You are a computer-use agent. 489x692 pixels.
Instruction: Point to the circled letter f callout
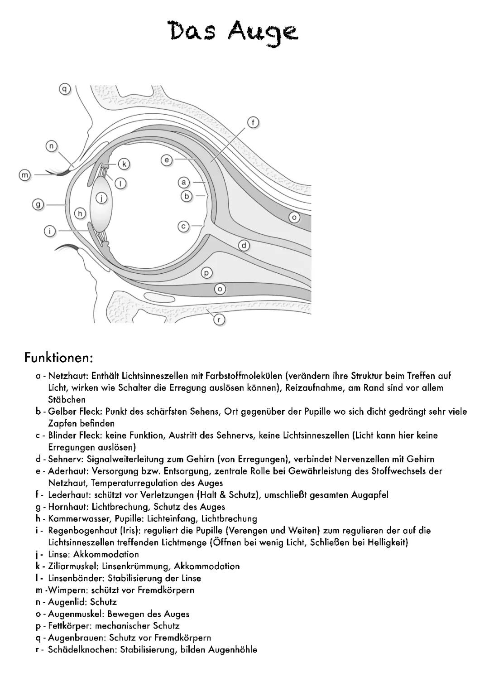click(254, 122)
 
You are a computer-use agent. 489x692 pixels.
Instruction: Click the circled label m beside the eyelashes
click(24, 175)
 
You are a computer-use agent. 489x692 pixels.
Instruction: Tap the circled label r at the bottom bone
click(219, 319)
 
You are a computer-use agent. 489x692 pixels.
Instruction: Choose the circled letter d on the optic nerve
click(244, 246)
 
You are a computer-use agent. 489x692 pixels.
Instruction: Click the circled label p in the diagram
click(206, 273)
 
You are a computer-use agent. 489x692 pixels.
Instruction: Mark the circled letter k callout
click(124, 164)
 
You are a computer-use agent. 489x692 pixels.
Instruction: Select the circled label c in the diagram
click(183, 226)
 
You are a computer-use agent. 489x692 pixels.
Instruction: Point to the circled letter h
click(80, 213)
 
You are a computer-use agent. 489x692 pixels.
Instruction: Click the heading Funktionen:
click(59, 358)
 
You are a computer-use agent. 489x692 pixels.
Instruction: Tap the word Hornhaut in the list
click(67, 507)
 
